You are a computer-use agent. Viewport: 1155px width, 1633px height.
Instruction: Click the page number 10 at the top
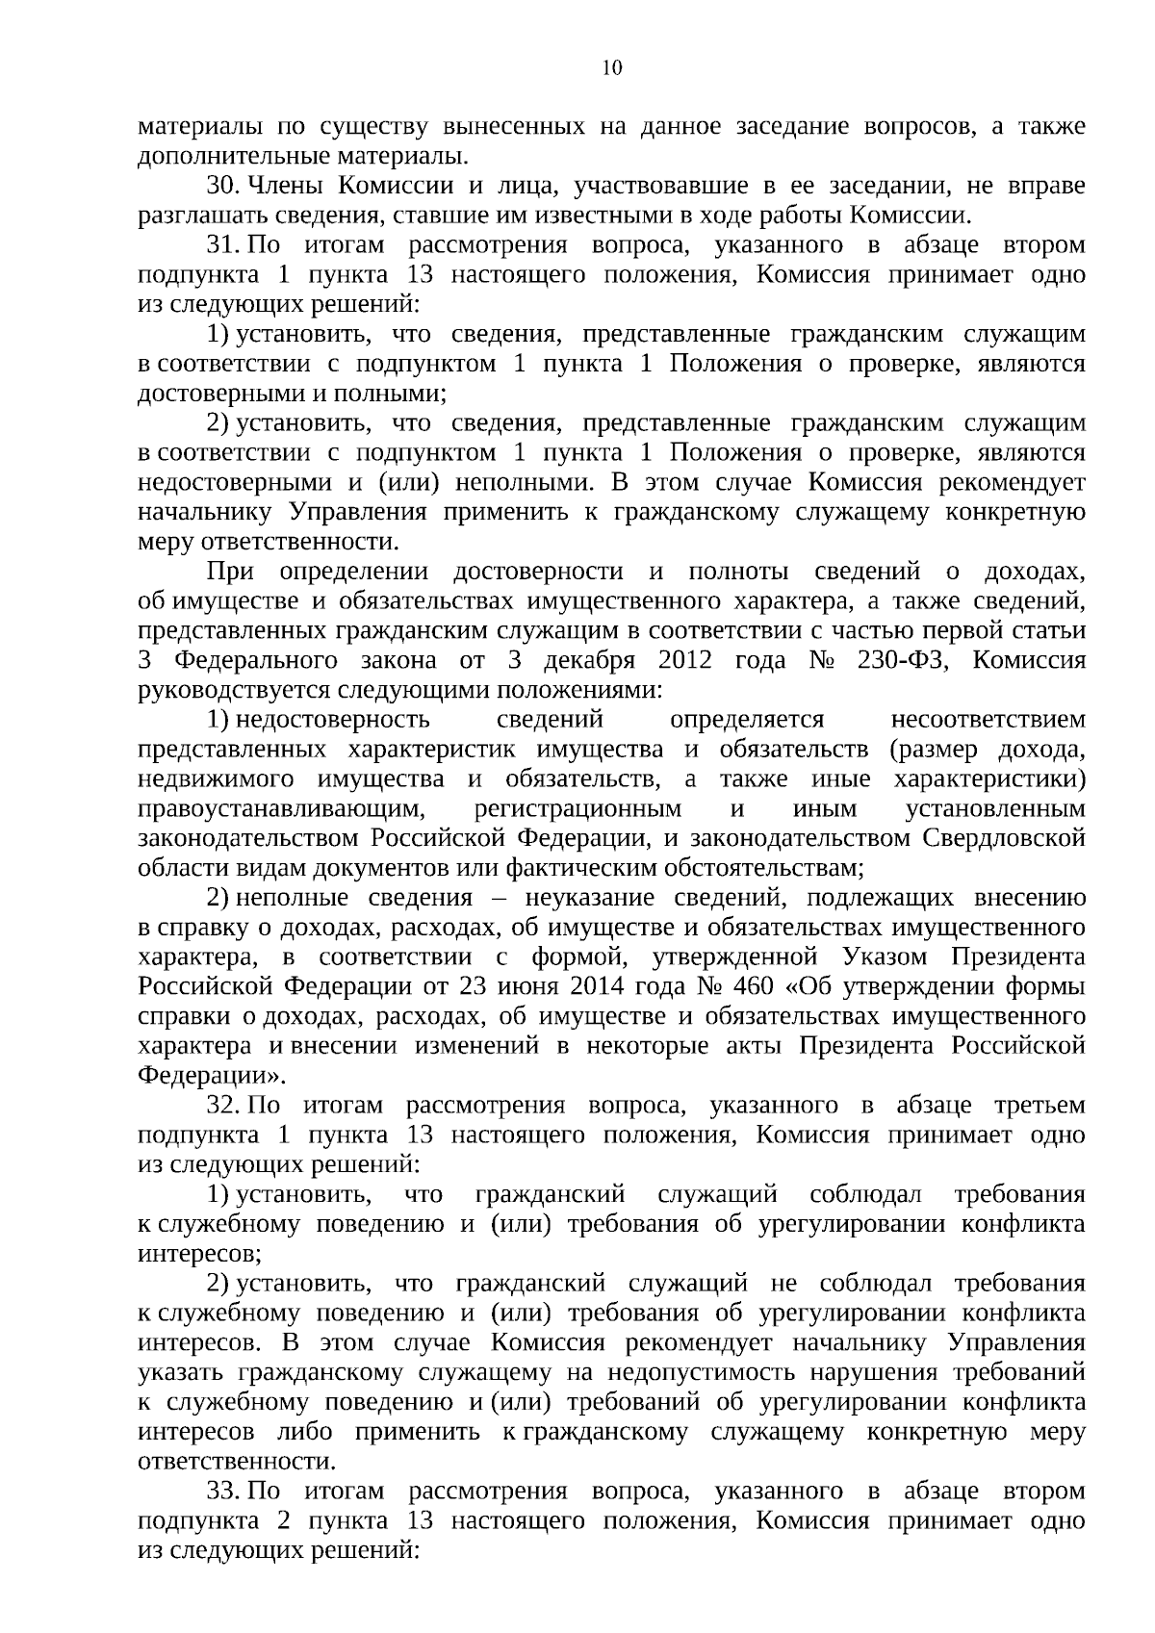tap(611, 67)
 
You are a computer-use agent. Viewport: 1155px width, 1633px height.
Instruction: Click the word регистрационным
tap(578, 809)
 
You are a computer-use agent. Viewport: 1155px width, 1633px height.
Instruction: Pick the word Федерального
tap(256, 660)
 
